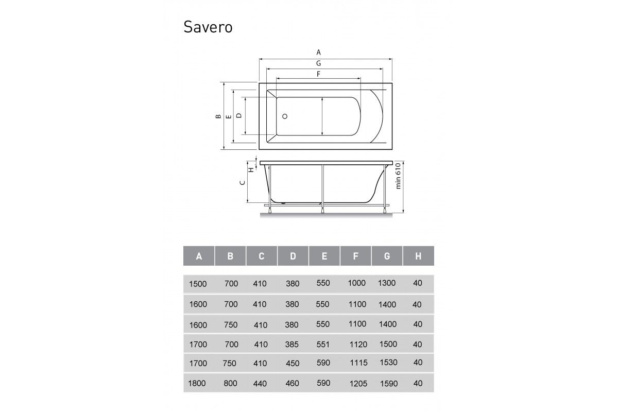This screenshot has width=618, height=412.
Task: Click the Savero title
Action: pos(208,27)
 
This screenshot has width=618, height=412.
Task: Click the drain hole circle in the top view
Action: pos(285,116)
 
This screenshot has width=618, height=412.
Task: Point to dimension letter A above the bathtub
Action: pos(319,52)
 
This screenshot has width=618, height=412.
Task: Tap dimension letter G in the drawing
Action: pos(319,63)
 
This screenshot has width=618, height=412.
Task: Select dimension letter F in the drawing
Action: pos(319,74)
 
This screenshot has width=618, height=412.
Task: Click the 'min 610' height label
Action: pos(398,176)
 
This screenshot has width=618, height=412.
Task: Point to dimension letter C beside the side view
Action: pos(243,183)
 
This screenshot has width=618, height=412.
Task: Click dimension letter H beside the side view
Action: pos(251,169)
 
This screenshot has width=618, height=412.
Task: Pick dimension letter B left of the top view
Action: pos(218,116)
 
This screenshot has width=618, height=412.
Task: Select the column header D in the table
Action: pos(293,256)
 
